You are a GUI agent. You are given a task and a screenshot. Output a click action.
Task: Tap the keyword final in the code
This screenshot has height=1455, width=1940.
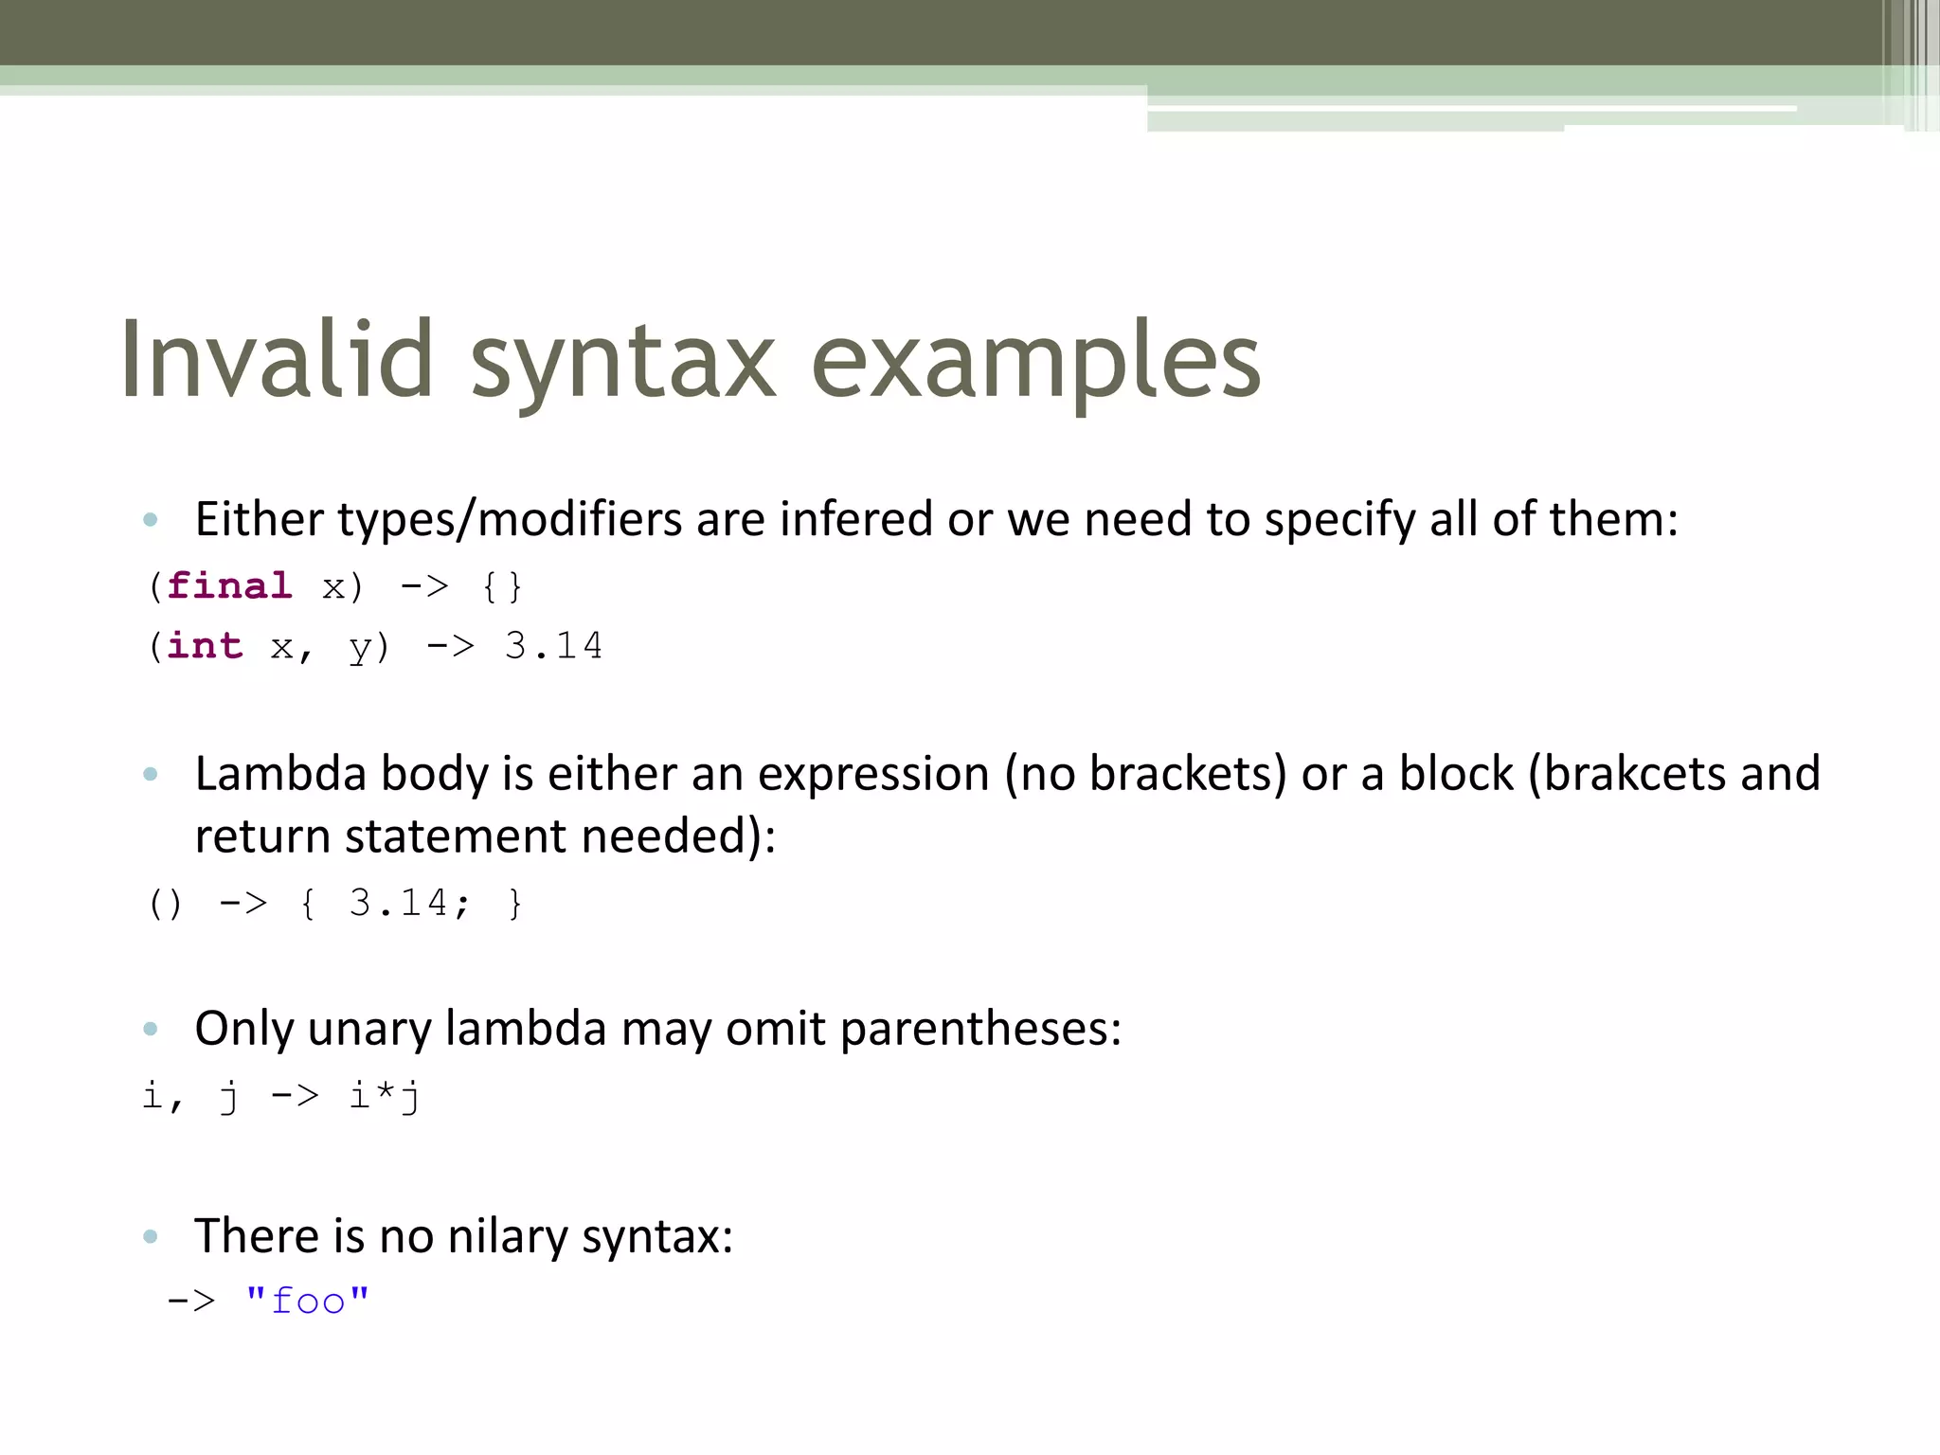pyautogui.click(x=229, y=586)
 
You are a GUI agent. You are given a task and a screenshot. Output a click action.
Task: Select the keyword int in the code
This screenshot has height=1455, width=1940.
pyautogui.click(x=205, y=646)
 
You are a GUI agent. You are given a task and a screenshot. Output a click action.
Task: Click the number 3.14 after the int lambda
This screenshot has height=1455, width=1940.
pyautogui.click(x=553, y=646)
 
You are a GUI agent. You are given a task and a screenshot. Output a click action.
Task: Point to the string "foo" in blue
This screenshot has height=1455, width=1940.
pyautogui.click(x=307, y=1301)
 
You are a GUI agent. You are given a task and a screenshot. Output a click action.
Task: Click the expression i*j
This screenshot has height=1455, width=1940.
pyautogui.click(x=385, y=1096)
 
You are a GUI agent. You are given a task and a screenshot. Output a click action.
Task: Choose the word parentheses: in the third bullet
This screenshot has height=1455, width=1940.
pyautogui.click(x=980, y=1029)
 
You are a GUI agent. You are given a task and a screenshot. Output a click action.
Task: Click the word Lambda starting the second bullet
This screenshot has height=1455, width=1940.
pyautogui.click(x=280, y=774)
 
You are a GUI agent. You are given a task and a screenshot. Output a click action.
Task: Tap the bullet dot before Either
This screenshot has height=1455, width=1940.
pyautogui.click(x=150, y=519)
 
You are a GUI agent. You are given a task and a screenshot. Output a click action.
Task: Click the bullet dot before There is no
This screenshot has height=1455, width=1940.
pyautogui.click(x=150, y=1236)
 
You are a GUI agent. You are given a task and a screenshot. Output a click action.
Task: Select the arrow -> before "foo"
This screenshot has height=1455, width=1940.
pyautogui.click(x=191, y=1301)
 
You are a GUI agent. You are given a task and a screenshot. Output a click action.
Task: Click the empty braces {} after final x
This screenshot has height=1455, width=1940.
pyautogui.click(x=501, y=586)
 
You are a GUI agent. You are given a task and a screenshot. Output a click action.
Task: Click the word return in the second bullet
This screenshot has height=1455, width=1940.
pyautogui.click(x=262, y=836)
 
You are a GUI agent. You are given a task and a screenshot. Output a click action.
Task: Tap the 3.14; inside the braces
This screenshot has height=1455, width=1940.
pyautogui.click(x=409, y=903)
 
